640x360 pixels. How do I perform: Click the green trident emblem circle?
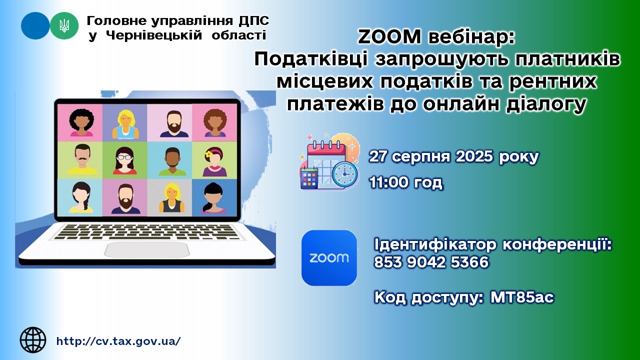(64, 25)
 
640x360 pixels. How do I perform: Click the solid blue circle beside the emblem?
(35, 25)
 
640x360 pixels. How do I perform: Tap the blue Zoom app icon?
(329, 258)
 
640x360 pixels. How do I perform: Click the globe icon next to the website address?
(33, 340)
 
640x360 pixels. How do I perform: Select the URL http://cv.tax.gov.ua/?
(118, 341)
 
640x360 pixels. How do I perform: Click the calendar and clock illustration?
(329, 161)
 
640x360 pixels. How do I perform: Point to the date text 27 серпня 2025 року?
(453, 156)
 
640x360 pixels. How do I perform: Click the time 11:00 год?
(405, 182)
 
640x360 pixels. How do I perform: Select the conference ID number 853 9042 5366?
(431, 262)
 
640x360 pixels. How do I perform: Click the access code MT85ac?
(522, 297)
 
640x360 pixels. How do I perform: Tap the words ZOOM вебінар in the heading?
(436, 37)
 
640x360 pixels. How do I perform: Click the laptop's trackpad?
(147, 250)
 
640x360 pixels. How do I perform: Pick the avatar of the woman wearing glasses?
(124, 160)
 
